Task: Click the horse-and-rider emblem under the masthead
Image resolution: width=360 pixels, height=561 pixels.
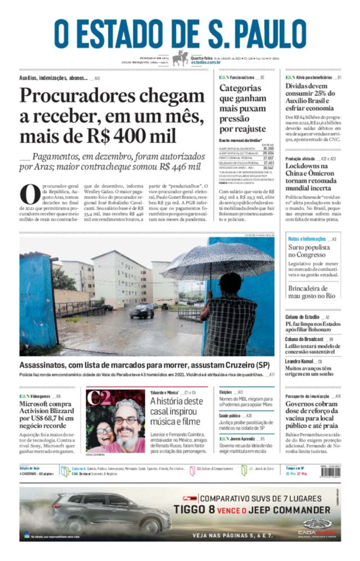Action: pyautogui.click(x=180, y=58)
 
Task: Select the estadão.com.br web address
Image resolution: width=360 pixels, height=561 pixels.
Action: pyautogui.click(x=206, y=63)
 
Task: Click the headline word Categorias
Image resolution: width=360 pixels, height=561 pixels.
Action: pyautogui.click(x=240, y=88)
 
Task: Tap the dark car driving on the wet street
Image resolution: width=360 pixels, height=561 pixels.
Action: pyautogui.click(x=142, y=311)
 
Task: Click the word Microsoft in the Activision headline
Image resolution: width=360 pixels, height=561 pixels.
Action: pyautogui.click(x=34, y=404)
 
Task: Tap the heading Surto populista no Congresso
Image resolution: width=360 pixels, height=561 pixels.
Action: pyautogui.click(x=309, y=251)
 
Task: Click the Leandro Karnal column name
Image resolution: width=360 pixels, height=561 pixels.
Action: pyautogui.click(x=299, y=361)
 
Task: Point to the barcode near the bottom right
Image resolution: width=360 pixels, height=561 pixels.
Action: pyautogui.click(x=330, y=471)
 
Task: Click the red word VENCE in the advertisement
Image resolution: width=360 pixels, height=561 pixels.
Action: pyautogui.click(x=231, y=510)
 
